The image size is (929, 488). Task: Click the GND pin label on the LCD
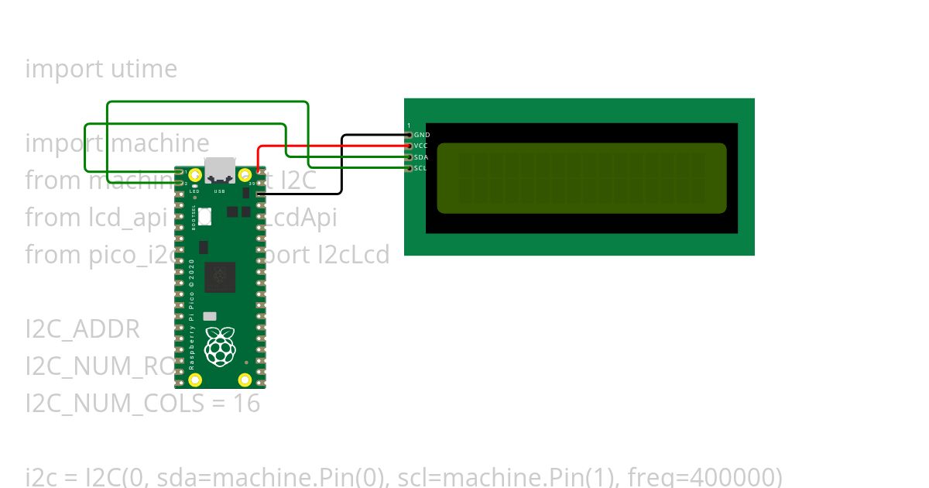[422, 135]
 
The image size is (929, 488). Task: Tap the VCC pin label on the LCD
[421, 146]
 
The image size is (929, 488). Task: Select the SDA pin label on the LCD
[421, 157]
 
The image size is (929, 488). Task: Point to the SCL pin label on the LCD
[420, 168]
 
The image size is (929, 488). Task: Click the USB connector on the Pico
[219, 170]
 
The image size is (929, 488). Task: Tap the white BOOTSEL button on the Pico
[204, 217]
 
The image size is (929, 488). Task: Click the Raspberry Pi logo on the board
[220, 346]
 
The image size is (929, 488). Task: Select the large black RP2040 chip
[220, 277]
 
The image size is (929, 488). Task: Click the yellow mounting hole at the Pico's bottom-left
[195, 380]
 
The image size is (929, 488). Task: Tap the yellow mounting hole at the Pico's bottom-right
[245, 380]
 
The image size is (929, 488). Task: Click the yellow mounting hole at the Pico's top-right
[245, 175]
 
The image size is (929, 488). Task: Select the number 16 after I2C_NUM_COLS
[247, 404]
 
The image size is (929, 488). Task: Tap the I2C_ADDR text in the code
[83, 329]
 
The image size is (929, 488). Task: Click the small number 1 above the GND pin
[409, 125]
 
